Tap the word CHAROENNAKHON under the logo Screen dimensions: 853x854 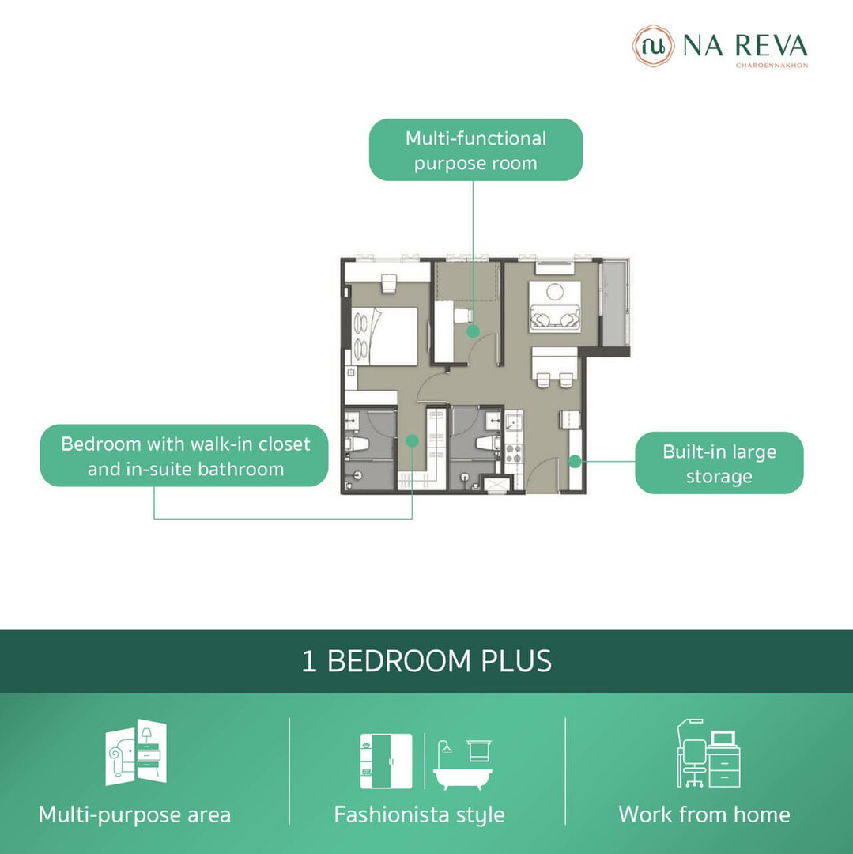coord(772,66)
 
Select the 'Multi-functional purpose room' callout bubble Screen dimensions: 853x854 coord(476,149)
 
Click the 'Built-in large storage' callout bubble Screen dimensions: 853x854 coord(719,463)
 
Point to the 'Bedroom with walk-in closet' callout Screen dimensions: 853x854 coord(184,455)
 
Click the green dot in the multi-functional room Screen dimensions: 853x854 coord(473,331)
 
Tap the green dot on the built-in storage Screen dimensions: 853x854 coord(575,462)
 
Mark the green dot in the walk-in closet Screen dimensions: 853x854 coord(412,440)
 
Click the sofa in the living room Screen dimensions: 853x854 coord(555,319)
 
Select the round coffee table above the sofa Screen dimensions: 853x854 coord(555,292)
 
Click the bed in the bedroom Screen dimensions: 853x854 coord(384,336)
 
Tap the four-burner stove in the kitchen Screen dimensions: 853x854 coord(514,452)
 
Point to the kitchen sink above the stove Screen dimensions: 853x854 coord(513,422)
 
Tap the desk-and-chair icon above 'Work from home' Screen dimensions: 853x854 coord(708,754)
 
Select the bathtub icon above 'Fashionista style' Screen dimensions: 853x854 coord(462,765)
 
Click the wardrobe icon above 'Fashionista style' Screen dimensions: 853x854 coord(386,761)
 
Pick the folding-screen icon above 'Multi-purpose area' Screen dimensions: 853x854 coord(136,752)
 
